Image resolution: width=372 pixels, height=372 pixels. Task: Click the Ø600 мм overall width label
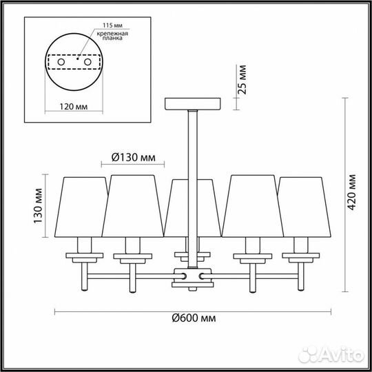pyautogui.click(x=194, y=318)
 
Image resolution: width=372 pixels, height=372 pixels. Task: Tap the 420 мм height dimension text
pyautogui.click(x=351, y=192)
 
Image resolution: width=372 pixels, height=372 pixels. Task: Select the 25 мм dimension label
pyautogui.click(x=242, y=79)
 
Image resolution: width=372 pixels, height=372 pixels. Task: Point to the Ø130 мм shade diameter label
pyautogui.click(x=134, y=157)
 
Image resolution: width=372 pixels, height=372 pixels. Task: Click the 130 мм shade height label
pyautogui.click(x=38, y=206)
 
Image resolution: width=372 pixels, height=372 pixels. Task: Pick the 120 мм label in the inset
pyautogui.click(x=73, y=107)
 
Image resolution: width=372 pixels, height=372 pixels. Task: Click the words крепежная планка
pyautogui.click(x=112, y=36)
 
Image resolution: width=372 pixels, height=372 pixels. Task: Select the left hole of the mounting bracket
pyautogui.click(x=61, y=62)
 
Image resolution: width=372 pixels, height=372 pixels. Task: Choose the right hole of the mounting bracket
pyautogui.click(x=87, y=62)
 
